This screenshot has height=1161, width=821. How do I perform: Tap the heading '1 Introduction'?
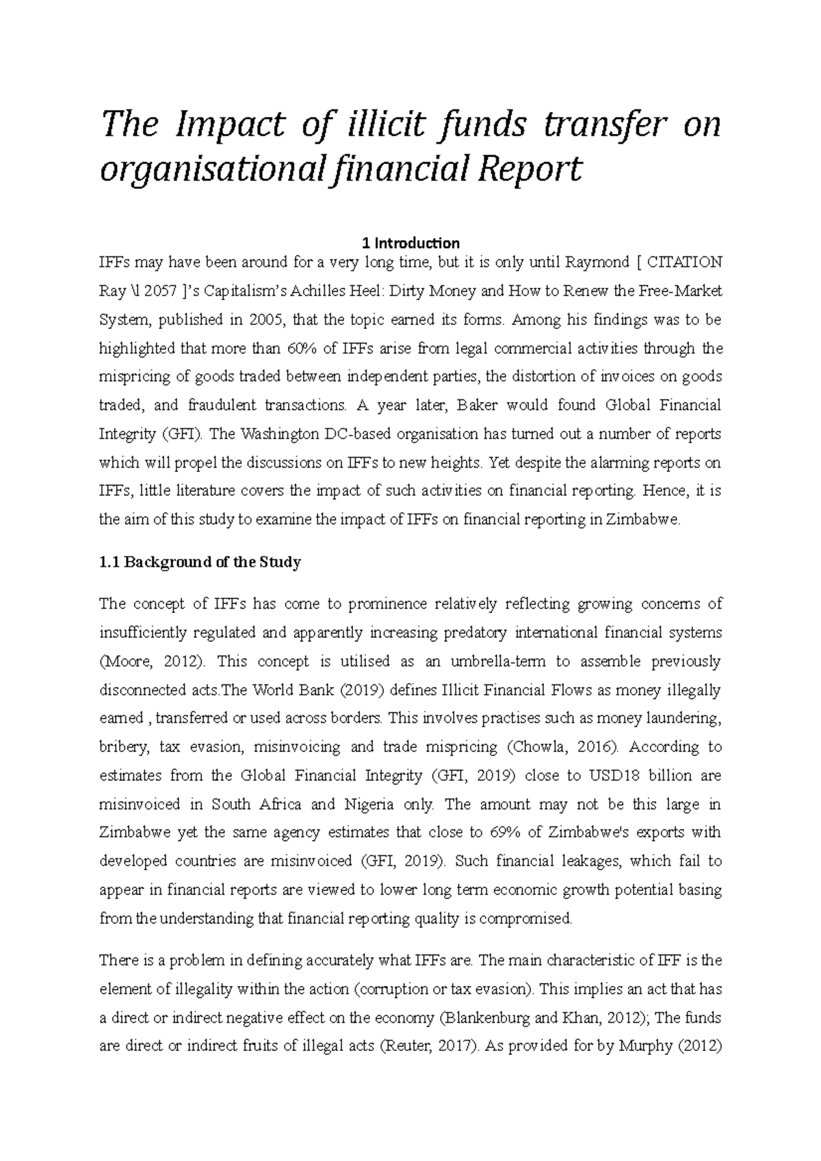click(x=410, y=243)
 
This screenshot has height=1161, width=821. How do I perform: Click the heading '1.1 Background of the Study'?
click(x=200, y=562)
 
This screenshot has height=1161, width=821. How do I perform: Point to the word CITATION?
click(x=683, y=262)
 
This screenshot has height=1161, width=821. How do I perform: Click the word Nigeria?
click(x=367, y=804)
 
